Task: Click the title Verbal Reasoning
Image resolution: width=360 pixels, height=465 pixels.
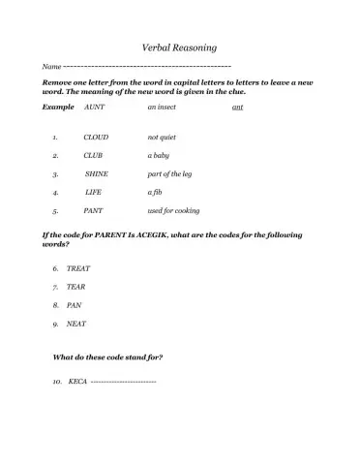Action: point(179,46)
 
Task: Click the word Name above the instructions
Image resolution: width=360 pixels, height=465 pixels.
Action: point(52,66)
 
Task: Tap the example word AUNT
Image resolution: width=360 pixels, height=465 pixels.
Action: point(95,108)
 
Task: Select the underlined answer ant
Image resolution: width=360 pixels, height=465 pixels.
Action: point(238,108)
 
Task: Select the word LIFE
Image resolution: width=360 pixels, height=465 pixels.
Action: point(93,192)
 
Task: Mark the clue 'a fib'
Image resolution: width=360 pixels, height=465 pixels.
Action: point(155,192)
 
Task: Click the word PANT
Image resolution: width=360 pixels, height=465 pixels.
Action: point(94,210)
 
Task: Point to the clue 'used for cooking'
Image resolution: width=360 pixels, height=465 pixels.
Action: point(174,210)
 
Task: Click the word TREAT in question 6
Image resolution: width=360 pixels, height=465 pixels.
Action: point(78,267)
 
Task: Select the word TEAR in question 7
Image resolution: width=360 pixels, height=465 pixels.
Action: point(76,286)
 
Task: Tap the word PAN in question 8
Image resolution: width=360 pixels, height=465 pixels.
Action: point(74,304)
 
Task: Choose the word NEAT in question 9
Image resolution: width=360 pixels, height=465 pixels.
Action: point(76,323)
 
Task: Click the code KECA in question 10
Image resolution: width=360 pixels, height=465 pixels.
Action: point(77,382)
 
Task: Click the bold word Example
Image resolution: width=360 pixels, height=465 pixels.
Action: point(58,108)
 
